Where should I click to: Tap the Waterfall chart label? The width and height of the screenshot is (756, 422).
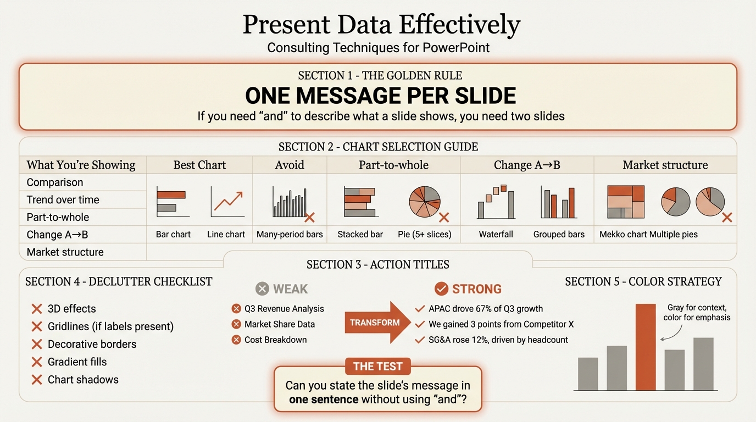[x=496, y=234]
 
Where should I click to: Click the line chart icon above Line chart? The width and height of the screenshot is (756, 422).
[x=226, y=202]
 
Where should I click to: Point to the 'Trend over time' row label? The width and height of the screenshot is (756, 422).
[x=63, y=199]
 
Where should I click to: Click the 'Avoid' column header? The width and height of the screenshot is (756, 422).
[x=290, y=165]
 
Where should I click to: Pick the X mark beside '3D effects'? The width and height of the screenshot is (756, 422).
[x=37, y=309]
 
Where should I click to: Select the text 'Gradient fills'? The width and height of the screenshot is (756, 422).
[x=77, y=362]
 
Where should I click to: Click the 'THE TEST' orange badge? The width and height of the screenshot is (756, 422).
[x=377, y=367]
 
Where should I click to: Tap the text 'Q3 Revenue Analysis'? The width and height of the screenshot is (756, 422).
[x=284, y=309]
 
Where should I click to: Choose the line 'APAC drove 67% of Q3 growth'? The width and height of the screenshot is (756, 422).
[x=486, y=309]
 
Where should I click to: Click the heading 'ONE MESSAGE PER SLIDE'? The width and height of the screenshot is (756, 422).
[x=380, y=96]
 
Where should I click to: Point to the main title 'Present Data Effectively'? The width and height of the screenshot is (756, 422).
[x=381, y=25]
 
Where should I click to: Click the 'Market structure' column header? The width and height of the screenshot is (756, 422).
[x=665, y=165]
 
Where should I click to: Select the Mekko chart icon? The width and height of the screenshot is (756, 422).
[x=625, y=202]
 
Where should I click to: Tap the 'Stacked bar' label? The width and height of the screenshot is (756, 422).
[x=360, y=234]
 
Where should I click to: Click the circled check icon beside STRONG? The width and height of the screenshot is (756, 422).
[x=441, y=289]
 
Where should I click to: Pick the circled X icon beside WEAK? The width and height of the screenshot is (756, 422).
[x=263, y=289]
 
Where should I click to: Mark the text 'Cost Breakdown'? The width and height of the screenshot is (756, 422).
[x=275, y=340]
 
